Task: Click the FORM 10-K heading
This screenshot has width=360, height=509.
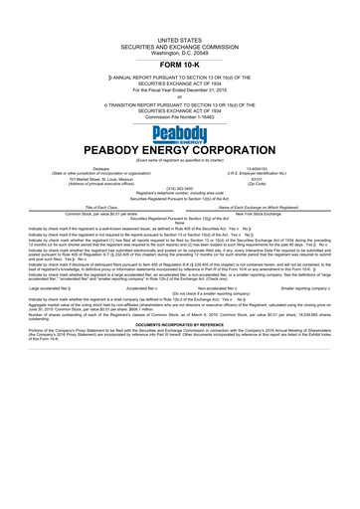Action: [x=179, y=62]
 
